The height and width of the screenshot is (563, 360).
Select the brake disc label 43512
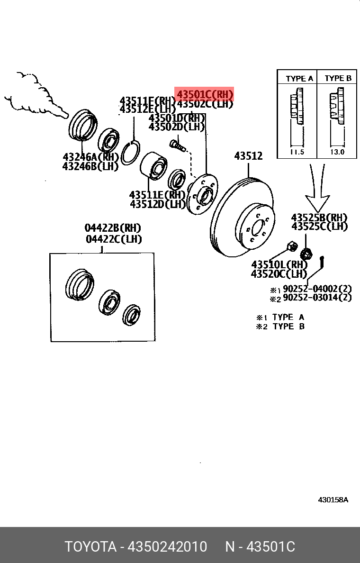(249, 155)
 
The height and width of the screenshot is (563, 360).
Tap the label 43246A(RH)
(90, 157)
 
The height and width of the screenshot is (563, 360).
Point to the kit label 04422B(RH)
(113, 228)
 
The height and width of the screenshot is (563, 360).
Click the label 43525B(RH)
(319, 218)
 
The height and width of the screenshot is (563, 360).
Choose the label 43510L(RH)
(279, 264)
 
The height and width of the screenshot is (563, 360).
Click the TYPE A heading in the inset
(299, 79)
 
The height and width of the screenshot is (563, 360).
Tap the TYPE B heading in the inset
(338, 78)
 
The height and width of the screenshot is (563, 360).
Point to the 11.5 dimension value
(297, 153)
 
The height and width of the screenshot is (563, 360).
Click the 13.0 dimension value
(337, 153)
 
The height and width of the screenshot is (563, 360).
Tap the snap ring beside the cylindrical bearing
(129, 153)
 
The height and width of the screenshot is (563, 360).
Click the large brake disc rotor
(242, 218)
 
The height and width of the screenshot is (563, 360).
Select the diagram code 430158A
(333, 499)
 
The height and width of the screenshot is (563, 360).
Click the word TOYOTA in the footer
(90, 546)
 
